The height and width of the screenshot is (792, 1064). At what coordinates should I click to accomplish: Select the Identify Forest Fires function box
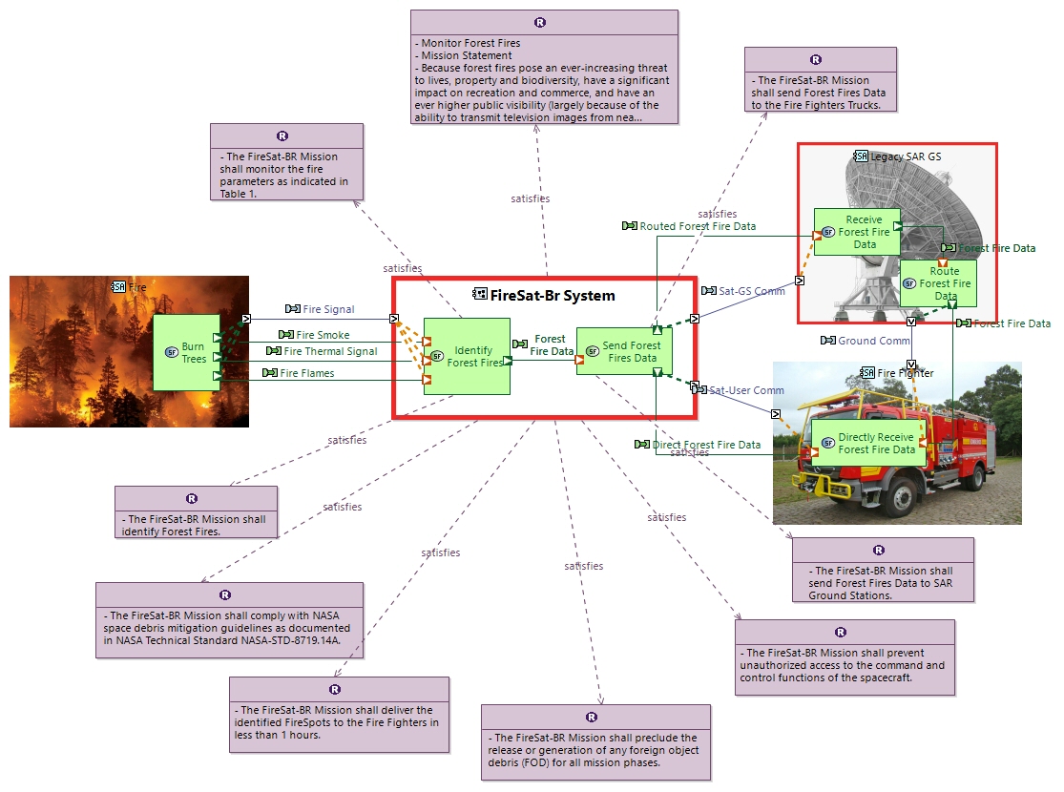467,356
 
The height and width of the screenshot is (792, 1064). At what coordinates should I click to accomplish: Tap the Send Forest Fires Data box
624,351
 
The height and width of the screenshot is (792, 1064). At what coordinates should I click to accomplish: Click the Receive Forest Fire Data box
857,232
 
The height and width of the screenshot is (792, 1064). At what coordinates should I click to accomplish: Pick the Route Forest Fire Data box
938,283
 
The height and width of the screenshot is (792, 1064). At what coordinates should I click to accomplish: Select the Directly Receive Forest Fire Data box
868,443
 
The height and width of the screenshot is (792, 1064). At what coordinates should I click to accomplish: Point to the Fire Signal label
328,309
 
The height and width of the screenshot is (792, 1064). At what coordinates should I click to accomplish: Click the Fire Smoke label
323,335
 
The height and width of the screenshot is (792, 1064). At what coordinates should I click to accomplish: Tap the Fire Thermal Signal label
330,351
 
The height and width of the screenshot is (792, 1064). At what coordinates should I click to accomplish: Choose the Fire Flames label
307,373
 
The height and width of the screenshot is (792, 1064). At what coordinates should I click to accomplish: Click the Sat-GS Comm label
752,291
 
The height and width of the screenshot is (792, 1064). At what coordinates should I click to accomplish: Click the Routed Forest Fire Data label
697,226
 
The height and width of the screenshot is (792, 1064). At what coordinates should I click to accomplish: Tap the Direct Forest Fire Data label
706,445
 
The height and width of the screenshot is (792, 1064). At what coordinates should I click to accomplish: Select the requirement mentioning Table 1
286,161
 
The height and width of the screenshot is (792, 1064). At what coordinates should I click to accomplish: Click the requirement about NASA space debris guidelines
229,621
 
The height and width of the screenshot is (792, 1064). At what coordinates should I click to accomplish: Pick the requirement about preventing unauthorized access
845,657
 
